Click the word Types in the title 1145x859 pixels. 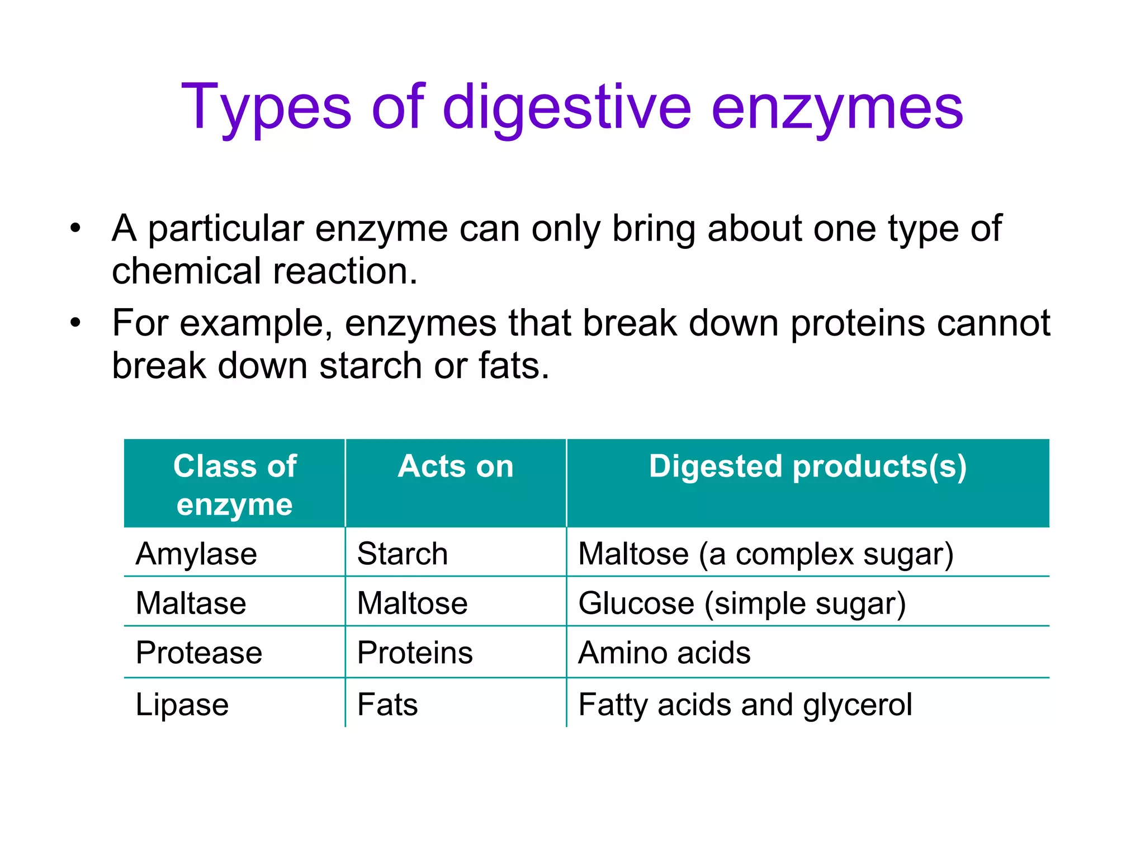point(266,107)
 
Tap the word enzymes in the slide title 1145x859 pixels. point(837,107)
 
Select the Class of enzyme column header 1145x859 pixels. point(234,484)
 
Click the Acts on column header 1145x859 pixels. point(455,466)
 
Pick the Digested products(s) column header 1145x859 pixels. point(807,466)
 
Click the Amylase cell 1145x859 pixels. point(196,554)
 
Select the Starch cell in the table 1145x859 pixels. point(402,554)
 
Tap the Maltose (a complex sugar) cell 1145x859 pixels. point(765,554)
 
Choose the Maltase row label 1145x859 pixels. point(191,603)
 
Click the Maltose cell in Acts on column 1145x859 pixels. point(412,603)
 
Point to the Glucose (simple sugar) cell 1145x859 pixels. point(742,603)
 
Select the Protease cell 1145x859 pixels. point(198,652)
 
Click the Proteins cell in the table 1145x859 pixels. point(415,652)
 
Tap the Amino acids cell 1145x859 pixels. point(664,652)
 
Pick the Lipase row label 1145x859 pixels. point(182,704)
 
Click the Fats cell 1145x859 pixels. point(387,704)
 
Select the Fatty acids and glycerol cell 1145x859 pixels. point(745,704)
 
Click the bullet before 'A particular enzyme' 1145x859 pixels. point(75,228)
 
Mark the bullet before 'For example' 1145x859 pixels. point(75,323)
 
